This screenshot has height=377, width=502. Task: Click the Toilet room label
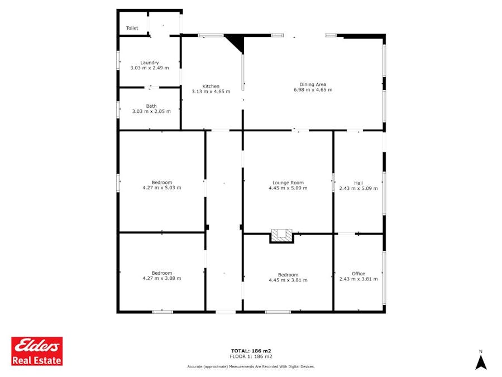[132, 28]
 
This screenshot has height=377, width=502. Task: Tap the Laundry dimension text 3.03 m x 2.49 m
[150, 68]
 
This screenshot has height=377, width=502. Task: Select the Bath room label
[151, 106]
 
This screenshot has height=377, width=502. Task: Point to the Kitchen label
[211, 86]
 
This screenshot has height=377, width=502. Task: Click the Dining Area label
[313, 84]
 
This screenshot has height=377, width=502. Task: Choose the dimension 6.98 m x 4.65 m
[313, 90]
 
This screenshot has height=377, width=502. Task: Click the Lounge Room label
[288, 183]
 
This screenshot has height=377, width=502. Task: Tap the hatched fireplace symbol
[282, 236]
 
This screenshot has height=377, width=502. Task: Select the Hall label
[358, 183]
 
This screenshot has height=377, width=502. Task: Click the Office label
[358, 274]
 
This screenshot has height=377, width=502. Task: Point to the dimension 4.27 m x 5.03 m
[162, 188]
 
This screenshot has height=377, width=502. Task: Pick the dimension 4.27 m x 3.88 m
[162, 278]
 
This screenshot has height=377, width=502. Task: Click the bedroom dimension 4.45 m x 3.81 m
[288, 280]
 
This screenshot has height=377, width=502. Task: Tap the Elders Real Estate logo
[37, 351]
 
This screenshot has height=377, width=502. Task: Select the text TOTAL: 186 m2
[251, 351]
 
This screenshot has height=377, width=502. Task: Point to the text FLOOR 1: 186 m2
[251, 356]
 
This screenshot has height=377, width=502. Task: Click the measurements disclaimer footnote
[251, 366]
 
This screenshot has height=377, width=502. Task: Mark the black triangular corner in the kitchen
[237, 42]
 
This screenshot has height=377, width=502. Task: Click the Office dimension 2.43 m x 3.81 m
[358, 279]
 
